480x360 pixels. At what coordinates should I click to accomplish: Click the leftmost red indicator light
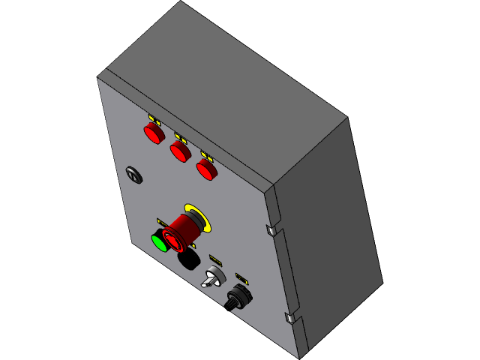coord(154,133)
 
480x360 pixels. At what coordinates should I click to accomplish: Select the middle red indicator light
coord(180,151)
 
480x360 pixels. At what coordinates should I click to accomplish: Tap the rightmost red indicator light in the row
coord(206,169)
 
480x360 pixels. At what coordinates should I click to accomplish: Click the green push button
coord(160,242)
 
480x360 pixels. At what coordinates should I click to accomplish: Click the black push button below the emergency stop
coord(188,259)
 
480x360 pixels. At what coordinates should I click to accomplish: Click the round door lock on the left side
coord(134,175)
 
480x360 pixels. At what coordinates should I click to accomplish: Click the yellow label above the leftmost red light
coord(154,119)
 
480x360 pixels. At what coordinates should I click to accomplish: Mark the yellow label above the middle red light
coord(181,137)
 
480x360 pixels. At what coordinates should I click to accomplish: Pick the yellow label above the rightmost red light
coord(207,156)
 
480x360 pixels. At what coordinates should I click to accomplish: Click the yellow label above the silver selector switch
coord(215,259)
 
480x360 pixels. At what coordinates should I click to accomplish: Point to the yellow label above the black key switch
coord(241,277)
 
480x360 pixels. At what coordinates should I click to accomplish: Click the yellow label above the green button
coord(162,222)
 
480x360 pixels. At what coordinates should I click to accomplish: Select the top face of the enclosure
coord(225,82)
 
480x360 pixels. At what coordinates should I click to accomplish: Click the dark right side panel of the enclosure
coord(330,225)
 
